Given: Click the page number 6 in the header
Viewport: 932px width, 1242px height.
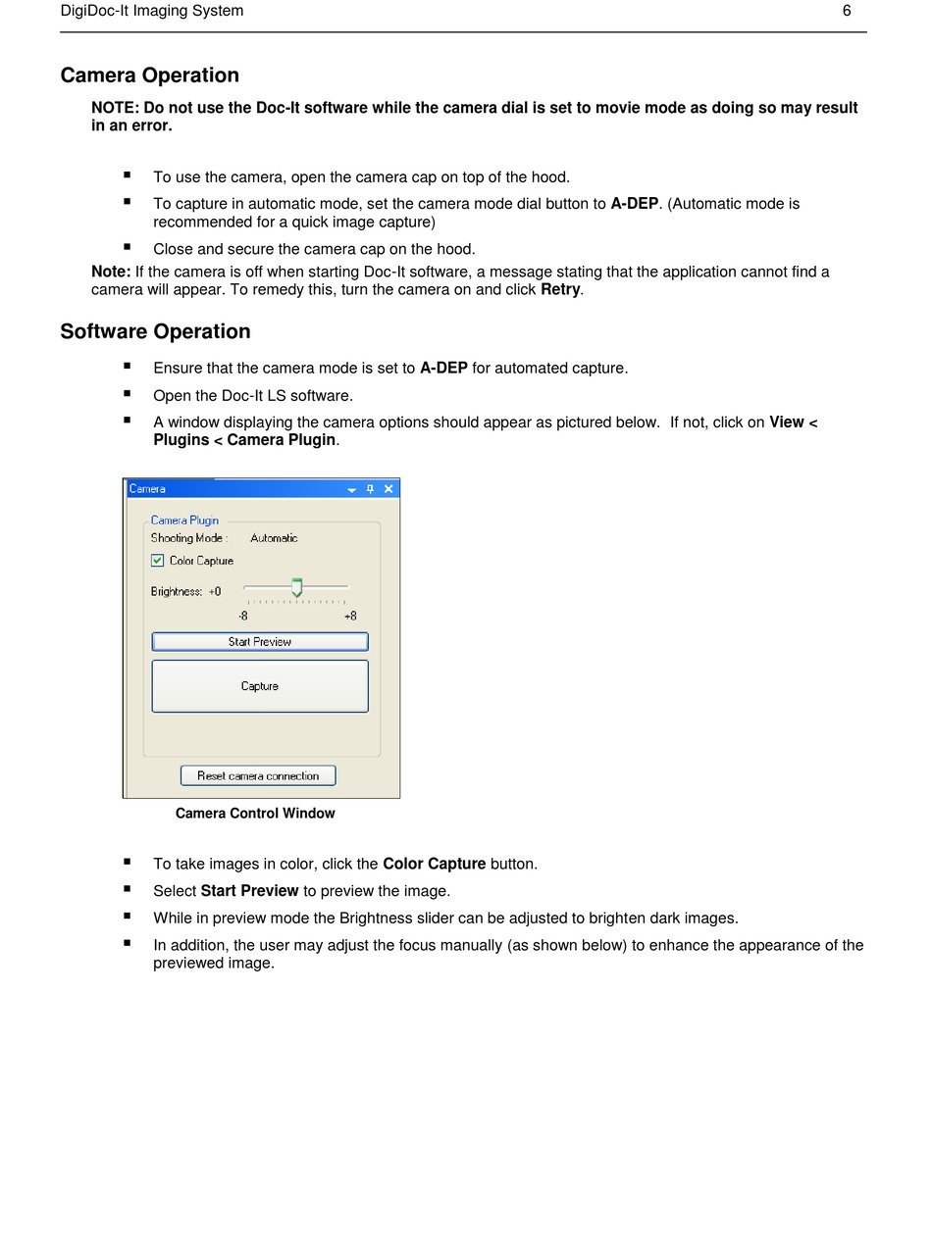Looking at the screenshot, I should pos(847,11).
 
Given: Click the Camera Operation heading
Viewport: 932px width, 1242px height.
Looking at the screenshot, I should pos(149,75).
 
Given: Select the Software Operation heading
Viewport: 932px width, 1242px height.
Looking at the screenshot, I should pos(155,331).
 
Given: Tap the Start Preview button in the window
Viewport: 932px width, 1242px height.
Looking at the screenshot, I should pos(260,642).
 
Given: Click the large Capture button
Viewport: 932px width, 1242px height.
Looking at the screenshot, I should pos(260,686).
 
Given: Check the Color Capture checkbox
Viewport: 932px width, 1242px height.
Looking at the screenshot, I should pos(157,561).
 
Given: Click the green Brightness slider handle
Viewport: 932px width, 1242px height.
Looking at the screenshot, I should pos(296,588).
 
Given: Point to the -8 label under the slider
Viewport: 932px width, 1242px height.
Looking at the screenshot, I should pos(242,616).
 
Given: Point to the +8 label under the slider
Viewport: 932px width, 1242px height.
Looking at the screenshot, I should pos(350,616).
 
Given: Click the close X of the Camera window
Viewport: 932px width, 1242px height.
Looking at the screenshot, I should pos(388,489).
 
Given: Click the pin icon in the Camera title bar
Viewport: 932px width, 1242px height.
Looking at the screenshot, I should pos(370,489).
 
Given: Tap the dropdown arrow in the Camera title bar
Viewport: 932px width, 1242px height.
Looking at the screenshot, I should pos(351,490).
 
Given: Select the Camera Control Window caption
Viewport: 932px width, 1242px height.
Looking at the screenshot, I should pos(255,814).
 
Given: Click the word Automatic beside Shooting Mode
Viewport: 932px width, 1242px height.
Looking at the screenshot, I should pos(274,538).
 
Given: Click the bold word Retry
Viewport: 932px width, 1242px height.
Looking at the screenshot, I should pos(560,290).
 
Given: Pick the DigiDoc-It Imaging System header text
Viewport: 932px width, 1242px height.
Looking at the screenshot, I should pos(151,11).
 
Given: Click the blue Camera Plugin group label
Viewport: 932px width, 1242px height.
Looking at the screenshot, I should pos(184,521).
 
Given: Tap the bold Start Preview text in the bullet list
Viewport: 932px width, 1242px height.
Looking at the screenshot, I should pos(249,891).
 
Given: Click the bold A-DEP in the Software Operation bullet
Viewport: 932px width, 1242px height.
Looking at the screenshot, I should pos(443,369).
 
